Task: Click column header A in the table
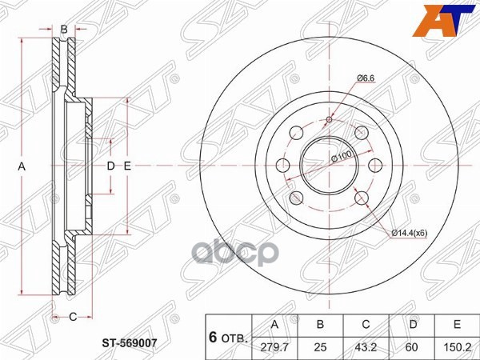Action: tap(276, 325)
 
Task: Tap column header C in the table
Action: tap(366, 325)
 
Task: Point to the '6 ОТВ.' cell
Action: tap(228, 335)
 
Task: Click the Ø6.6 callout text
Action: tap(366, 78)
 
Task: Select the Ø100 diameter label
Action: tap(342, 160)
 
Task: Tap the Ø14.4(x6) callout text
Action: tap(410, 233)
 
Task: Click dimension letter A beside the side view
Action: tap(22, 166)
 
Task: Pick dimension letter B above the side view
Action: tap(64, 30)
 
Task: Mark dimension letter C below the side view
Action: tap(72, 317)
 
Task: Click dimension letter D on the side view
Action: tap(111, 166)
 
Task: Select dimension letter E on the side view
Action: tap(126, 166)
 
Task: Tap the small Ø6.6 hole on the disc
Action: tap(329, 120)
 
